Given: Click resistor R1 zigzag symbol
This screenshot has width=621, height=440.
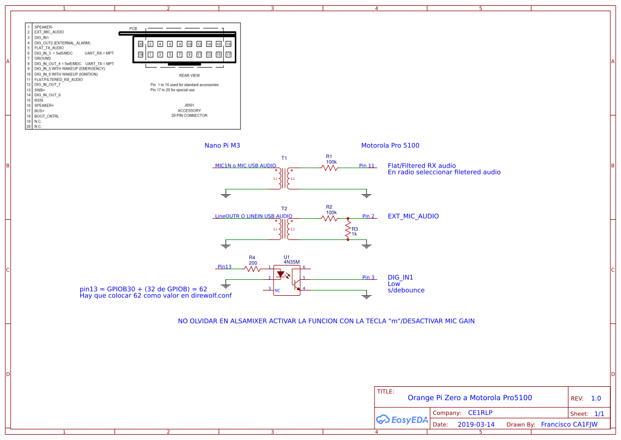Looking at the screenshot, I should tap(329, 168).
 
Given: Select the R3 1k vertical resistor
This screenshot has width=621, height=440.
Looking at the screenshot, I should tap(348, 229).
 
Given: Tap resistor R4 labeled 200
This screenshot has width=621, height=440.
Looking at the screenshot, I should tap(252, 269).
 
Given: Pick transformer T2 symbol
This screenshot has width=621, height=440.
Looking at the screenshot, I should tap(284, 229).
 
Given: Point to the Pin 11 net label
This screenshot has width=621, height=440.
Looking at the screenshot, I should tap(367, 165).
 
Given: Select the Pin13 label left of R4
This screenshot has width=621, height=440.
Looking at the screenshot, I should tap(225, 267).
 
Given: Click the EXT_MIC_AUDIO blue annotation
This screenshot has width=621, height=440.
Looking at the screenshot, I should tap(413, 217).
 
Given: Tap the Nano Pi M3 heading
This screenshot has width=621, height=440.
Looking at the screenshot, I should tap(226, 145).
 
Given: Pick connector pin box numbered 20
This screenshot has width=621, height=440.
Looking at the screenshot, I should tap(141, 44).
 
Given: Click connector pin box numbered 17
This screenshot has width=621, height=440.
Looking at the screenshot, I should tap(228, 54).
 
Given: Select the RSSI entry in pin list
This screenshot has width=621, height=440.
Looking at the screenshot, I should tap(39, 100).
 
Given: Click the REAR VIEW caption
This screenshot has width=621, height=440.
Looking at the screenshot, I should tap(189, 76).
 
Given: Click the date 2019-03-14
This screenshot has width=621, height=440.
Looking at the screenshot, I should tap(476, 425).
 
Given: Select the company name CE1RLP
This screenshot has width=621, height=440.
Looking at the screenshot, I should tap(480, 413).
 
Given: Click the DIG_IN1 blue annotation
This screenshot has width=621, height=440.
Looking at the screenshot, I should tap(401, 277).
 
